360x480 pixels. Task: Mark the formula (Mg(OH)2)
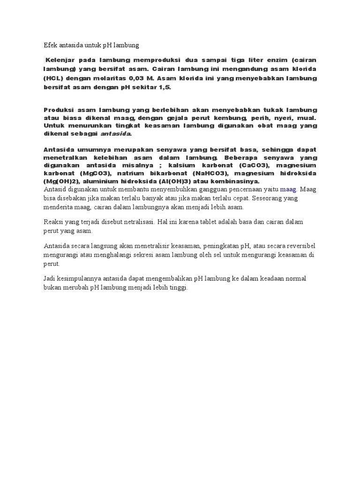[x=60, y=181]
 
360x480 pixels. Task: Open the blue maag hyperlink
[x=288, y=190]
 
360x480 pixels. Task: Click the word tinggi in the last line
[x=178, y=288]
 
